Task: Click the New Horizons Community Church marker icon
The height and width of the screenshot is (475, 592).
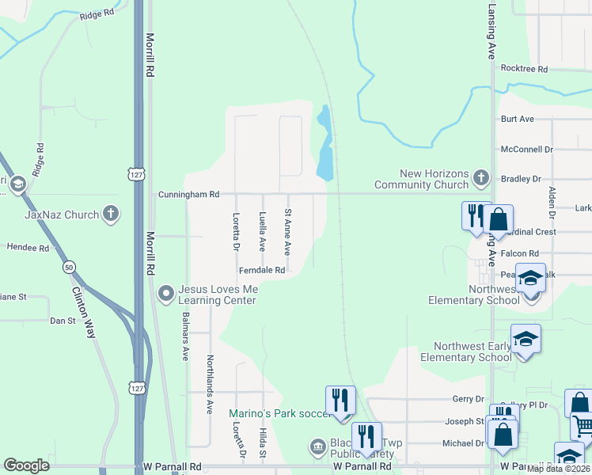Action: (x=480, y=179)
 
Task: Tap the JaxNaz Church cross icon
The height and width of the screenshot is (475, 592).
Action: (x=111, y=214)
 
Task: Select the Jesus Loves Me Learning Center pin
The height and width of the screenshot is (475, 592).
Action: (x=166, y=294)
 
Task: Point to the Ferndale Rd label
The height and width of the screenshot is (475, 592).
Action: (x=262, y=270)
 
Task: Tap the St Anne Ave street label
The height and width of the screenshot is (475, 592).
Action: (x=288, y=231)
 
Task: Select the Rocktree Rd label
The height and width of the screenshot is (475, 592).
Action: (x=524, y=70)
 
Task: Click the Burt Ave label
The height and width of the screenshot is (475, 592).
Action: (x=517, y=119)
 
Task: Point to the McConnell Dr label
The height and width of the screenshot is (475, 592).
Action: (x=526, y=149)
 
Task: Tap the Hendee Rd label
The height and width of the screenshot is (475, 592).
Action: (x=28, y=248)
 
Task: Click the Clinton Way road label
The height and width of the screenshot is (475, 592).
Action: (x=84, y=311)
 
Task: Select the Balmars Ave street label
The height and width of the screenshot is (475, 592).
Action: (x=185, y=337)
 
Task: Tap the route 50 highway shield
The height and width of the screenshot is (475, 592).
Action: (x=70, y=267)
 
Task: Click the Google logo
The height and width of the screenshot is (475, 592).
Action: (x=27, y=465)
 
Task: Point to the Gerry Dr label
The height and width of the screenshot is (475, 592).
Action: (x=467, y=400)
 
